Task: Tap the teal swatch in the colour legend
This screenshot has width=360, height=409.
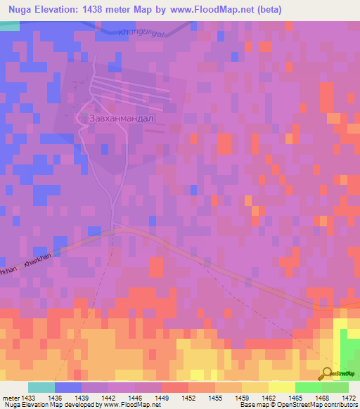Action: coord(41,387)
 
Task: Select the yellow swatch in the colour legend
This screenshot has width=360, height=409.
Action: coord(281,387)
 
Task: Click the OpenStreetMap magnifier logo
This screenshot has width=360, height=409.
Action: coord(328,373)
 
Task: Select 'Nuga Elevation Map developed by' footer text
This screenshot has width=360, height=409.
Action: coord(51,405)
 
